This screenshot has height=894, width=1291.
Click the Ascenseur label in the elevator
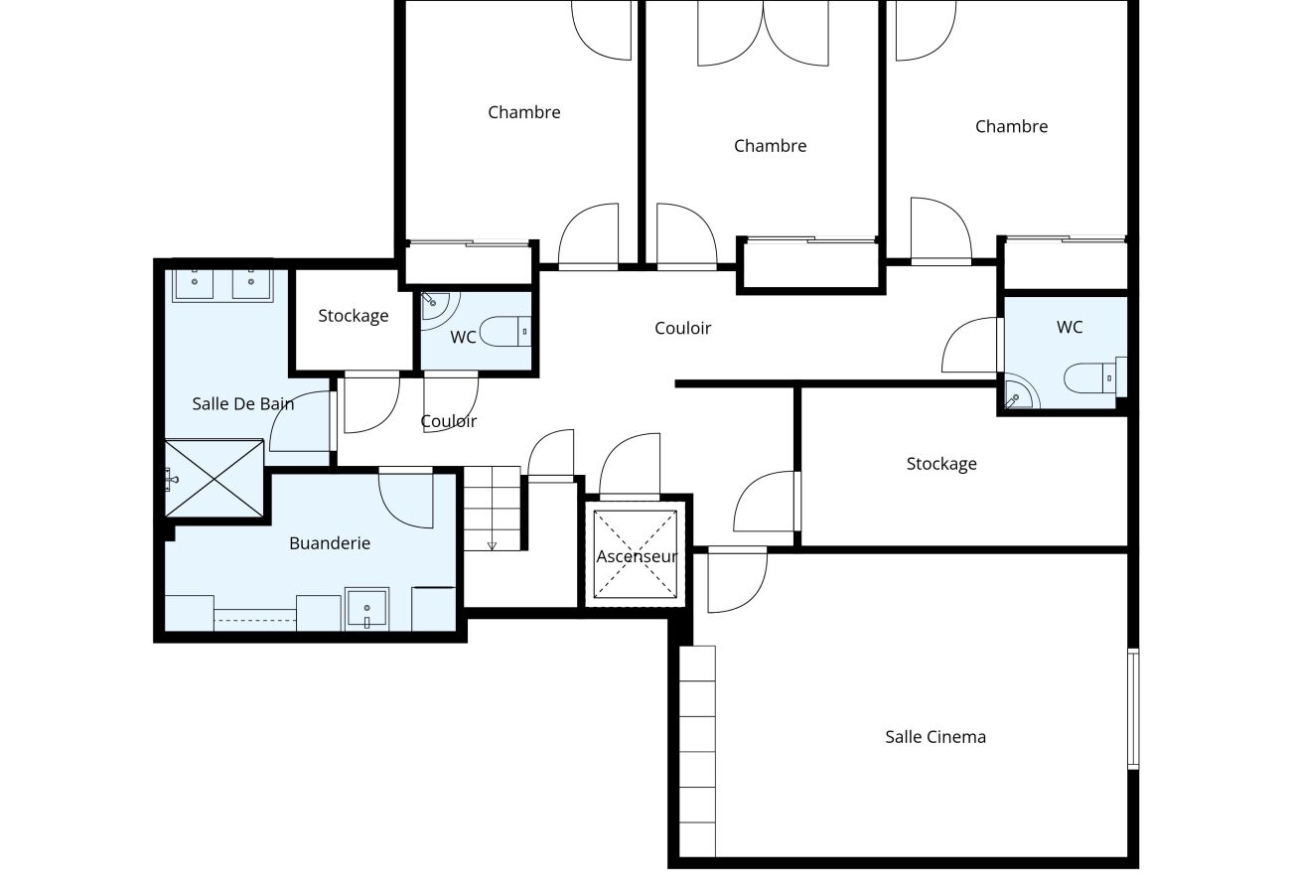pyautogui.click(x=637, y=556)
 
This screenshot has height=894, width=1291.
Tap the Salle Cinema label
pyautogui.click(x=934, y=737)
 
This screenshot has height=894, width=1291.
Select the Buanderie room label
pyautogui.click(x=330, y=543)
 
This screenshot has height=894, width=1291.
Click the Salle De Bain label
pyautogui.click(x=242, y=403)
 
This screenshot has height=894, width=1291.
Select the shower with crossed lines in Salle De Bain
pyautogui.click(x=215, y=478)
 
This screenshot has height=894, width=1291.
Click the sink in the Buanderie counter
pyautogui.click(x=366, y=608)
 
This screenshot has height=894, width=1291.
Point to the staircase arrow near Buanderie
pyautogui.click(x=492, y=544)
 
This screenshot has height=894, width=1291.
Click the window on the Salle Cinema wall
pyautogui.click(x=1133, y=708)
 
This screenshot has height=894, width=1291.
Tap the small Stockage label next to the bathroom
pyautogui.click(x=353, y=316)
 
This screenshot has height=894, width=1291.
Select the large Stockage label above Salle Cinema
pyautogui.click(x=940, y=464)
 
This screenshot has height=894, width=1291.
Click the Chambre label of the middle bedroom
pyautogui.click(x=770, y=146)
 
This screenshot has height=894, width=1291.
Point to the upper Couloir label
pyautogui.click(x=682, y=328)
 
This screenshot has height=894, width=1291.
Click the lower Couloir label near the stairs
pyautogui.click(x=448, y=421)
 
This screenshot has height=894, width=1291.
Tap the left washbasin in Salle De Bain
pyautogui.click(x=196, y=284)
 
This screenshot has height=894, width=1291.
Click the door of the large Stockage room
pyautogui.click(x=765, y=503)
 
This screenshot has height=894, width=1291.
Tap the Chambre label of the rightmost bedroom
pyautogui.click(x=1011, y=126)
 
